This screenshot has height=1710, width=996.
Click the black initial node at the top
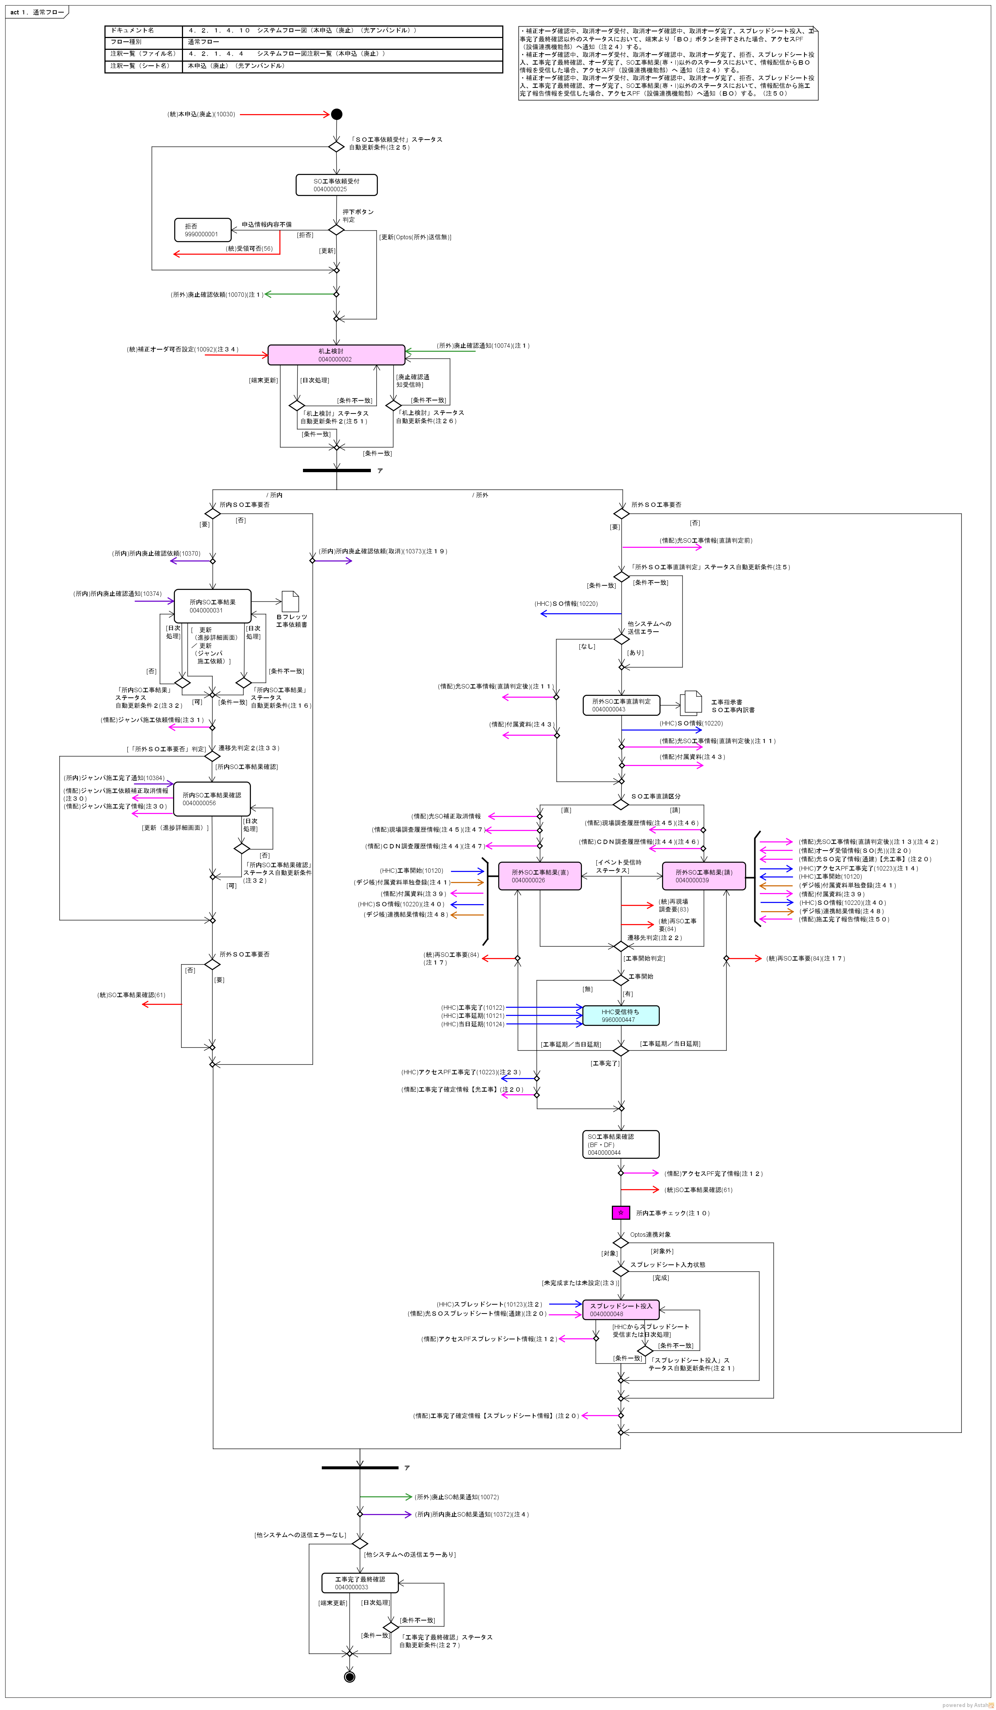click(337, 114)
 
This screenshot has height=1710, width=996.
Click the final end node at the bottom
click(349, 1677)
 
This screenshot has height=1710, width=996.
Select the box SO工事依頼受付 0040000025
click(337, 185)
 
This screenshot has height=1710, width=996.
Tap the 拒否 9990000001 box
click(203, 230)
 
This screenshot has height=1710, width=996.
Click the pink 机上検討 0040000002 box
click(337, 355)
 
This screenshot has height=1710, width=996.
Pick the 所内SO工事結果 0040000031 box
click(212, 606)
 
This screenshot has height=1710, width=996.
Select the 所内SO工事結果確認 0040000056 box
click(212, 799)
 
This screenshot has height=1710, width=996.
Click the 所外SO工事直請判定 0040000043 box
click(621, 705)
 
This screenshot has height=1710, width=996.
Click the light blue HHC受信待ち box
click(621, 1015)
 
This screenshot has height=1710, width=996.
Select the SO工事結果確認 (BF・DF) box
click(621, 1144)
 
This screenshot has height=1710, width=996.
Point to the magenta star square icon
click(621, 1213)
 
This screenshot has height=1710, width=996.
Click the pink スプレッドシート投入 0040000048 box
click(621, 1310)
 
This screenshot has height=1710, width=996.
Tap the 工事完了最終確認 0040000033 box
click(359, 1583)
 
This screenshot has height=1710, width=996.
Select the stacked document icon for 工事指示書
click(691, 703)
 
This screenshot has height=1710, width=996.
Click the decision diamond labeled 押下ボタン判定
click(337, 229)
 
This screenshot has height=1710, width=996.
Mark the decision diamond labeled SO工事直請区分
click(621, 804)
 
